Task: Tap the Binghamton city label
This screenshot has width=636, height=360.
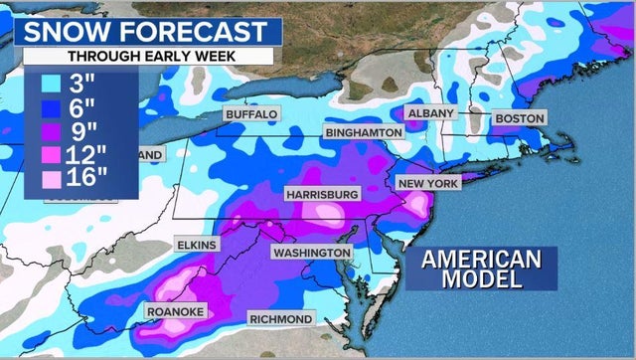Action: pos(363,132)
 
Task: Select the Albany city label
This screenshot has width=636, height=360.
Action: pos(429,113)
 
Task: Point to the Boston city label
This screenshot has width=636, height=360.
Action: pos(519,118)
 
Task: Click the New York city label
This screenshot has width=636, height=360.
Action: pos(427,184)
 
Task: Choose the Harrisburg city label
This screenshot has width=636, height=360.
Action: pos(322,193)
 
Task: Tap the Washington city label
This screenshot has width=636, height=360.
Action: pos(311,253)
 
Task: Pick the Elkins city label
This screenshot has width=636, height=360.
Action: pos(199,244)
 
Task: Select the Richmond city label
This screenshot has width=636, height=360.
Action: pos(280,319)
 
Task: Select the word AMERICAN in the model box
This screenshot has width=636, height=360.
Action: pos(482,259)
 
